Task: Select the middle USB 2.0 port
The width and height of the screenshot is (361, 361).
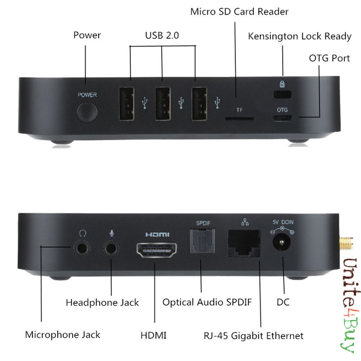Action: point(162,104)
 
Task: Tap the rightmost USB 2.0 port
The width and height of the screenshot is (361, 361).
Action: point(199,104)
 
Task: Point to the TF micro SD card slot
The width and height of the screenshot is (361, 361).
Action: point(239,119)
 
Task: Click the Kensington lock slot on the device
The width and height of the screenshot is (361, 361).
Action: point(282,94)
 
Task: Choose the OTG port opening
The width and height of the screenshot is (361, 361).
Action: point(282,118)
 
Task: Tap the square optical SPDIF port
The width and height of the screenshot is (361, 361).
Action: point(202,245)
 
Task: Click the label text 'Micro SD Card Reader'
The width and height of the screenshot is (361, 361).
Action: point(239,11)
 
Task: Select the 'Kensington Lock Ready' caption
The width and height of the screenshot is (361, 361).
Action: point(300,36)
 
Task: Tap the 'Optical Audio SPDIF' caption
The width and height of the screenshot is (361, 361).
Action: point(207,302)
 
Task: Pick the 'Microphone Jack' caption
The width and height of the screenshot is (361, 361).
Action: point(63,334)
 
